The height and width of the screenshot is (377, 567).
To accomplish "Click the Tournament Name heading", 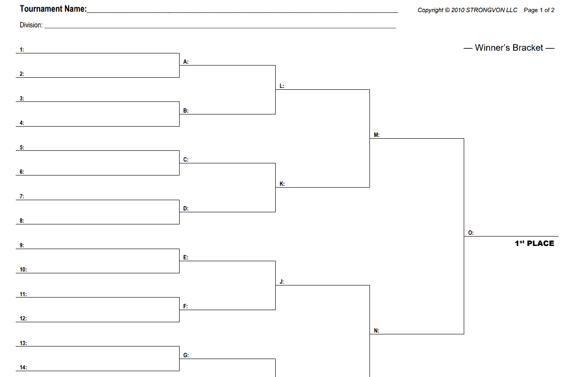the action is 53,9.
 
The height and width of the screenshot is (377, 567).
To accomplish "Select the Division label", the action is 31,25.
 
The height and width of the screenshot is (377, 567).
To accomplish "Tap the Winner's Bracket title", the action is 509,48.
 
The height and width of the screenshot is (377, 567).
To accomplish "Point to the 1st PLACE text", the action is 534,243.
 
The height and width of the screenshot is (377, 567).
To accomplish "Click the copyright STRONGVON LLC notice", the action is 467,10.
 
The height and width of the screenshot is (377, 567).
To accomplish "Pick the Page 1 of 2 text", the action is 539,10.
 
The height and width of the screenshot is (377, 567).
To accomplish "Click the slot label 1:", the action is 22,49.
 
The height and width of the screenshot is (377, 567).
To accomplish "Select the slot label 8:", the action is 22,221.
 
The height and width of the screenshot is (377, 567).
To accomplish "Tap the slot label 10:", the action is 23,269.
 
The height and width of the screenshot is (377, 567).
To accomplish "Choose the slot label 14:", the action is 23,368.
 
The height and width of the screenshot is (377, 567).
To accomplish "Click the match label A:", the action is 186,62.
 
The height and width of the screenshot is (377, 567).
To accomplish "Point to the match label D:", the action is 186,209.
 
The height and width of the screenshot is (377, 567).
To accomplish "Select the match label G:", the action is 186,355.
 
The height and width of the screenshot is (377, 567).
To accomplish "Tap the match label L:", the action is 282,86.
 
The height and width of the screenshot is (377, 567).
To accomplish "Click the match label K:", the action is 282,184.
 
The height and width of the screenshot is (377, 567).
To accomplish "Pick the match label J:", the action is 282,281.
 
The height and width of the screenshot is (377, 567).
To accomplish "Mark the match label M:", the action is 377,135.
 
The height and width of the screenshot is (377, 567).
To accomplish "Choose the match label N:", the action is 376,331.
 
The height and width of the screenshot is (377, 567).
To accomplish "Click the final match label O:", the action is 471,233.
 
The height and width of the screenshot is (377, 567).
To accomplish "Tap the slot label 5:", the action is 22,147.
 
